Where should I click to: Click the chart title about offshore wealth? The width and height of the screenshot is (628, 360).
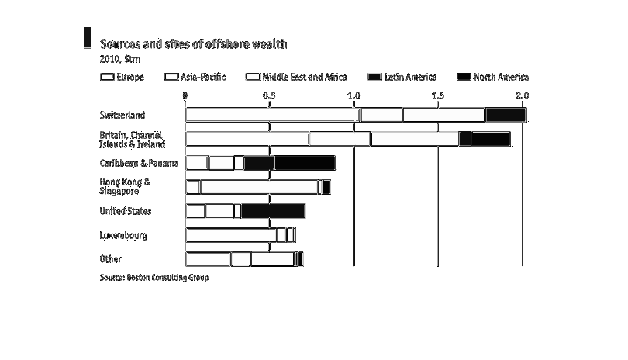[x=194, y=44]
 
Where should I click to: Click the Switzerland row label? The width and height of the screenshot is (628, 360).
[x=122, y=116]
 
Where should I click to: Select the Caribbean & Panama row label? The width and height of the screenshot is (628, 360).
[x=139, y=163]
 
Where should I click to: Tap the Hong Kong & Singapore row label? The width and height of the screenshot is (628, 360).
[x=125, y=186]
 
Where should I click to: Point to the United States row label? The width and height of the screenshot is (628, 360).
[x=126, y=211]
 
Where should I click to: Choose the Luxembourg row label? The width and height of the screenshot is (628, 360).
[x=123, y=235]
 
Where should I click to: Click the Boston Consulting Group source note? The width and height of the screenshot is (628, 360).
[x=154, y=277]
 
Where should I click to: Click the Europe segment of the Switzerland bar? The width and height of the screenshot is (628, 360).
[x=272, y=116]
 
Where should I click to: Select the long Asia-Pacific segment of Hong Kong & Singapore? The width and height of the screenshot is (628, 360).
[x=258, y=187]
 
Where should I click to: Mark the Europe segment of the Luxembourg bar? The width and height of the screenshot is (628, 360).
[x=231, y=235]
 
